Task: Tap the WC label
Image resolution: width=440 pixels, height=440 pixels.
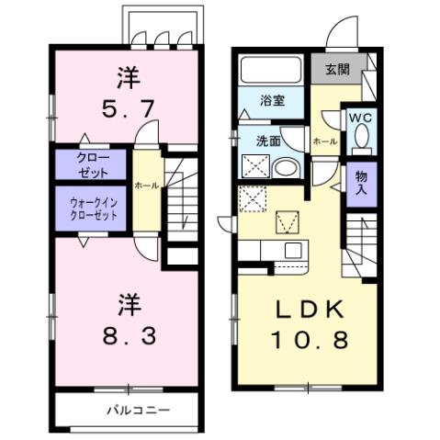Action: (359, 118)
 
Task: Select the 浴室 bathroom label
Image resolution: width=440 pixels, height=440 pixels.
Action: (269, 99)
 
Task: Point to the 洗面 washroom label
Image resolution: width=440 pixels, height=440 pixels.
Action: (267, 141)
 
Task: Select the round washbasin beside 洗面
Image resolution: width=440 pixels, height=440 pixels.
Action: (288, 169)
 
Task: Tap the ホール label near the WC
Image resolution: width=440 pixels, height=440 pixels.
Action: (324, 142)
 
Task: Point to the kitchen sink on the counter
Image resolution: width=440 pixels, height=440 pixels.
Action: (294, 251)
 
